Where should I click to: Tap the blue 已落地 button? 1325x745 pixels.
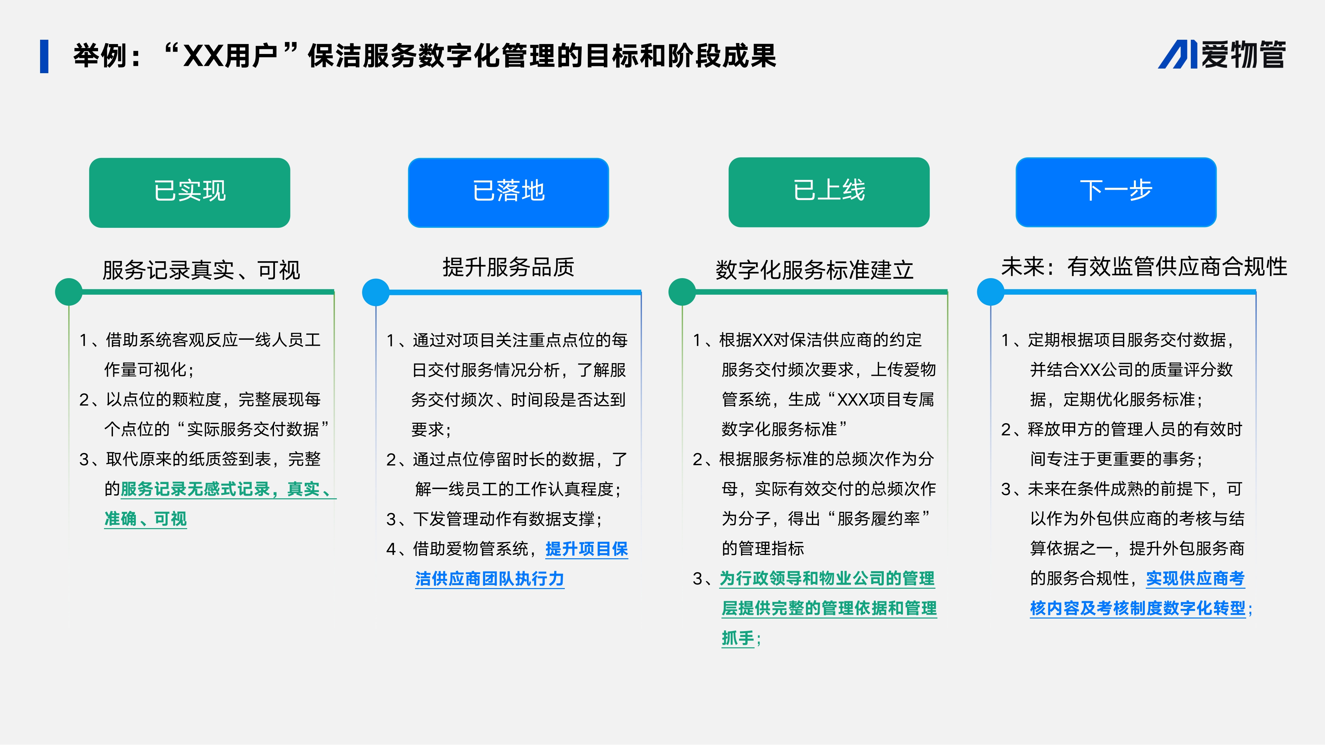pos(508,192)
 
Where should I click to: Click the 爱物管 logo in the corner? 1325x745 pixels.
pos(1222,55)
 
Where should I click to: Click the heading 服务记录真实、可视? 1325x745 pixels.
pos(201,270)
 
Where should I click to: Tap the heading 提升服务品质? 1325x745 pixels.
pos(508,267)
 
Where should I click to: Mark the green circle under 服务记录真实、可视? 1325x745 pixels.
pos(69,292)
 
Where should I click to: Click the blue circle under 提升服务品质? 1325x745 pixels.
pos(376,292)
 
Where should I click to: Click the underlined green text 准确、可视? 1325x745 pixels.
pos(145,519)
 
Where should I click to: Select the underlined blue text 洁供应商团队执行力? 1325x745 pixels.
pos(490,578)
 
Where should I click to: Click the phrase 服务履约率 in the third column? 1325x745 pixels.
pos(878,519)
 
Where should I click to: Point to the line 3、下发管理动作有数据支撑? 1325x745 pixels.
pos(494,519)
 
